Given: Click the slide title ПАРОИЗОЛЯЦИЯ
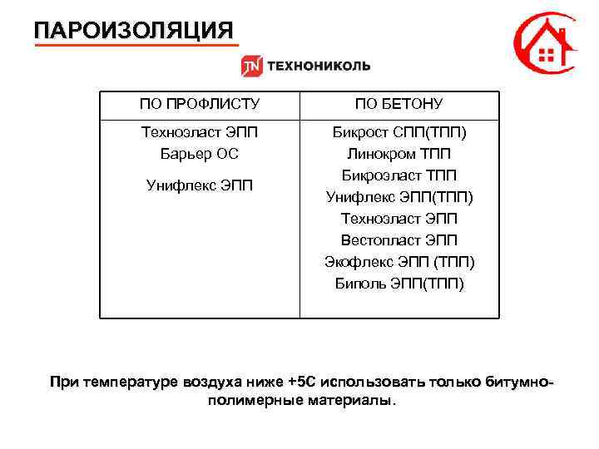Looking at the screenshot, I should pos(134,31).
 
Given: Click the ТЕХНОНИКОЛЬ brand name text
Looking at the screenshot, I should pos(318,67).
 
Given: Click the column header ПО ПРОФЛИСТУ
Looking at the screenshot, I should pos(199,104).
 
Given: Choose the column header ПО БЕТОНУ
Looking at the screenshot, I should pos(399,104).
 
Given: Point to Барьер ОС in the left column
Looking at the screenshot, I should pos(199,154).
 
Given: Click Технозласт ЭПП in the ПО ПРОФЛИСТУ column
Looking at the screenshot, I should pos(199,132).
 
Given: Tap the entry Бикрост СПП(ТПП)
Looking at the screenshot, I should pos(399,132).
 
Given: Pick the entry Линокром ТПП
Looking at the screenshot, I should pos(399,154).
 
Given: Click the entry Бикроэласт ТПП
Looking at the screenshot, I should pos(399,175).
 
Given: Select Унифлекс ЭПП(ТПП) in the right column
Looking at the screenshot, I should pos(399,197).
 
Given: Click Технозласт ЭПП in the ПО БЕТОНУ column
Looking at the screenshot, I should pos(399,219).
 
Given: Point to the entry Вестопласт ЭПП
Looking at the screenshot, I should pos(399,240).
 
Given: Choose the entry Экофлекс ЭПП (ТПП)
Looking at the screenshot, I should pos(399,262).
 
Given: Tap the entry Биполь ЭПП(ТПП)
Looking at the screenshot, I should pos(399,284).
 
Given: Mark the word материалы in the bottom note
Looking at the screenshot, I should pos(353,401).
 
